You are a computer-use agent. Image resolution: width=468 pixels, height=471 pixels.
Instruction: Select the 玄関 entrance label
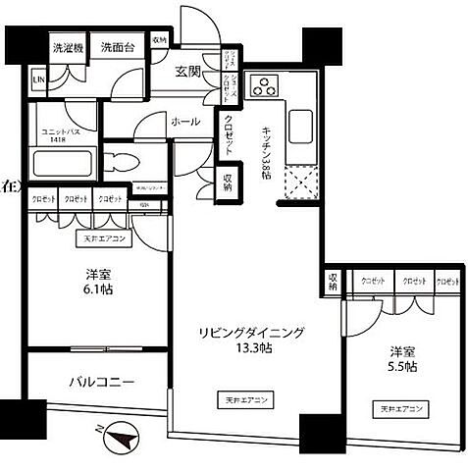[x=189, y=71]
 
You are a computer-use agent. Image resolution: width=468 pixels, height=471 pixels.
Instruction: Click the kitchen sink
[x=301, y=128]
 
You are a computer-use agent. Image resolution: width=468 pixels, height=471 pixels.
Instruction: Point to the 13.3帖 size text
[x=253, y=351]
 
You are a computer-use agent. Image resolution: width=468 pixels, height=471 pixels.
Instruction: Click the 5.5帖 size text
[x=402, y=366]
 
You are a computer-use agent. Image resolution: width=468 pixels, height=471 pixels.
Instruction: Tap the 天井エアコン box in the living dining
[x=245, y=400]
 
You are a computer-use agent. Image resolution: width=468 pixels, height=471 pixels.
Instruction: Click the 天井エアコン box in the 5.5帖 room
[x=398, y=407]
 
